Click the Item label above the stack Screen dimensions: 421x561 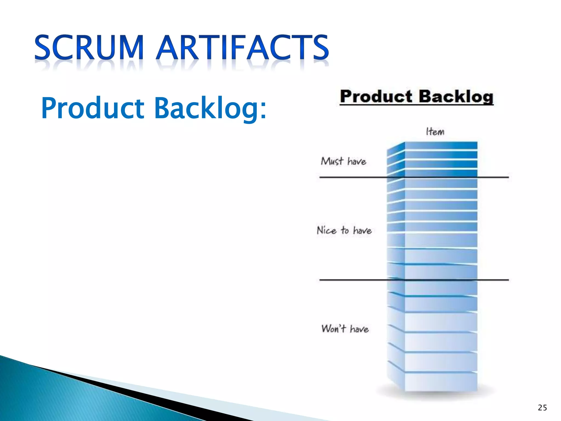[435, 132]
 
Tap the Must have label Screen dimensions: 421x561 [344, 161]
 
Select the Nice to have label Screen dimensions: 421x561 [344, 230]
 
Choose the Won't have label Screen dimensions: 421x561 [345, 328]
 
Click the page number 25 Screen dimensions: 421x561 [542, 408]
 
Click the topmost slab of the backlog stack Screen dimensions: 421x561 [441, 146]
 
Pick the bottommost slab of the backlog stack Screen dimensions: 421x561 [441, 382]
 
